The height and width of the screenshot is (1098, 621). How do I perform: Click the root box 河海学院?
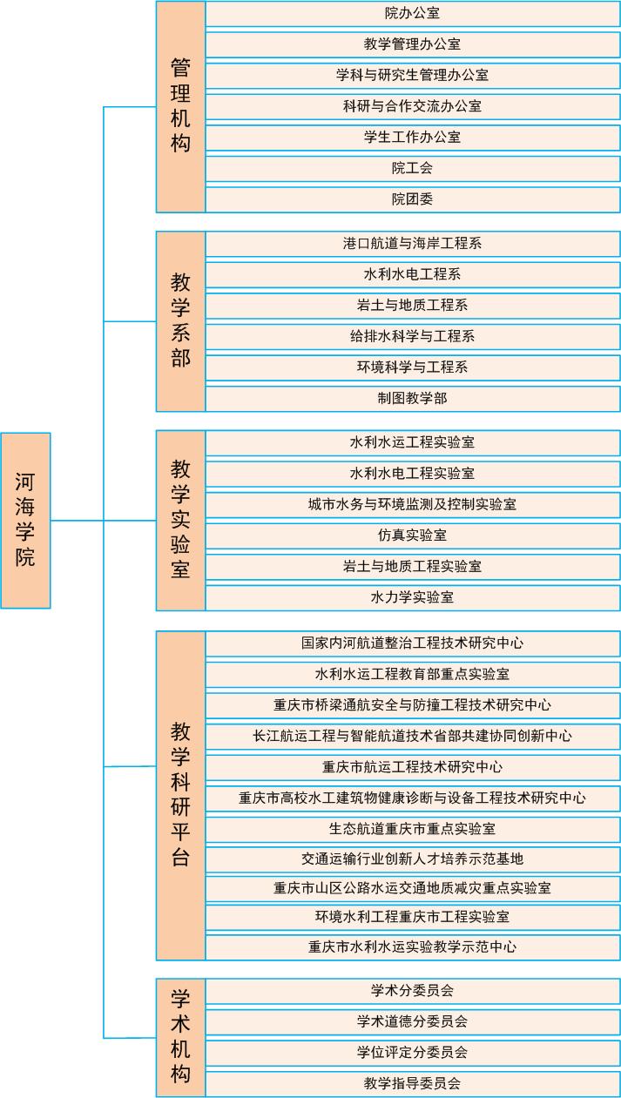25,520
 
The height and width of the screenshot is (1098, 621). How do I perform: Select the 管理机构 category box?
181,107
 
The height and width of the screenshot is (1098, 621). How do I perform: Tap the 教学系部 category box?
181,321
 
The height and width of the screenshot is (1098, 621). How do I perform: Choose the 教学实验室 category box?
181,520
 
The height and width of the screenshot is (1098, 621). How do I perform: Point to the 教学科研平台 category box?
181,795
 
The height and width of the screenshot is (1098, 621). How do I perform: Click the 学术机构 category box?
181,1037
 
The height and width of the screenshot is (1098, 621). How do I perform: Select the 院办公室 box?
413,14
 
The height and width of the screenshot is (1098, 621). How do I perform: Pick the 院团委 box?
413,199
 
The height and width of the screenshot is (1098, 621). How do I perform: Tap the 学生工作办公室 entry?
413,138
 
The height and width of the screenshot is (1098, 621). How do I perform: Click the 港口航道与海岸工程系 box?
413,244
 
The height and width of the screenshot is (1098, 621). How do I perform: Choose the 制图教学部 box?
413,399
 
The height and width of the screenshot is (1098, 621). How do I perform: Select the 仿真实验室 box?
413,536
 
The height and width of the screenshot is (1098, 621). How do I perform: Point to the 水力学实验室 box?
413,597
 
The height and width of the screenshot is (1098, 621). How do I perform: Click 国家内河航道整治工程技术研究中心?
413,643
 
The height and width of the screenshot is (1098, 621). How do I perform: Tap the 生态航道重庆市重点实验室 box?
413,830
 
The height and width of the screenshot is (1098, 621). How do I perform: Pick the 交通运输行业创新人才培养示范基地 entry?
413,859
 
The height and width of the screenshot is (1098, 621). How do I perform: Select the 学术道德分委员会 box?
413,1022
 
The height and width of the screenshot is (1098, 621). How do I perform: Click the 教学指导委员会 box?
413,1084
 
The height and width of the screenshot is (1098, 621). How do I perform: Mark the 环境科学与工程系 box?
413,367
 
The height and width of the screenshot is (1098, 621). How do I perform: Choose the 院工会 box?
413,169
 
